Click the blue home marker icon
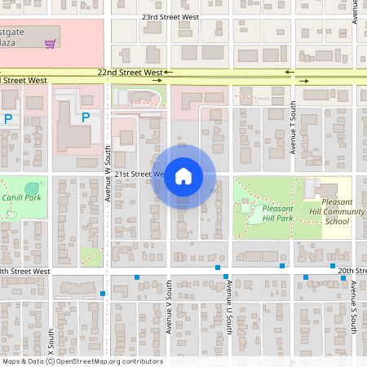[x=183, y=175]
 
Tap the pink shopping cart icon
[x=50, y=43]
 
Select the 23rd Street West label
[x=170, y=16]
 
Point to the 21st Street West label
[x=139, y=175]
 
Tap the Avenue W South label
[x=107, y=173]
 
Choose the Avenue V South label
[x=169, y=306]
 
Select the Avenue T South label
[x=292, y=127]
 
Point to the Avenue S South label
[x=354, y=306]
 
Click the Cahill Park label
[x=21, y=197]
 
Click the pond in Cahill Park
[x=31, y=188]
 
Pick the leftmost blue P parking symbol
[x=8, y=119]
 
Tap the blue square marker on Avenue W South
[x=103, y=293]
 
